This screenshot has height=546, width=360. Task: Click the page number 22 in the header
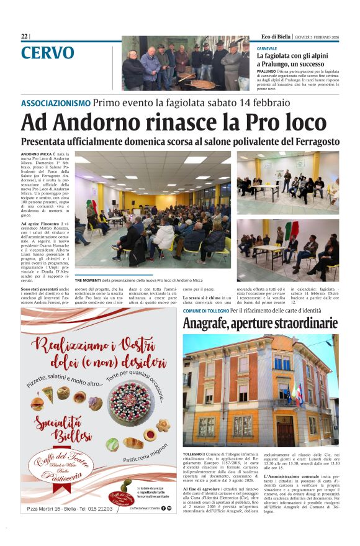click(x=24, y=37)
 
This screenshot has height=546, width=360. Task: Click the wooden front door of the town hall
click(x=286, y=429)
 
